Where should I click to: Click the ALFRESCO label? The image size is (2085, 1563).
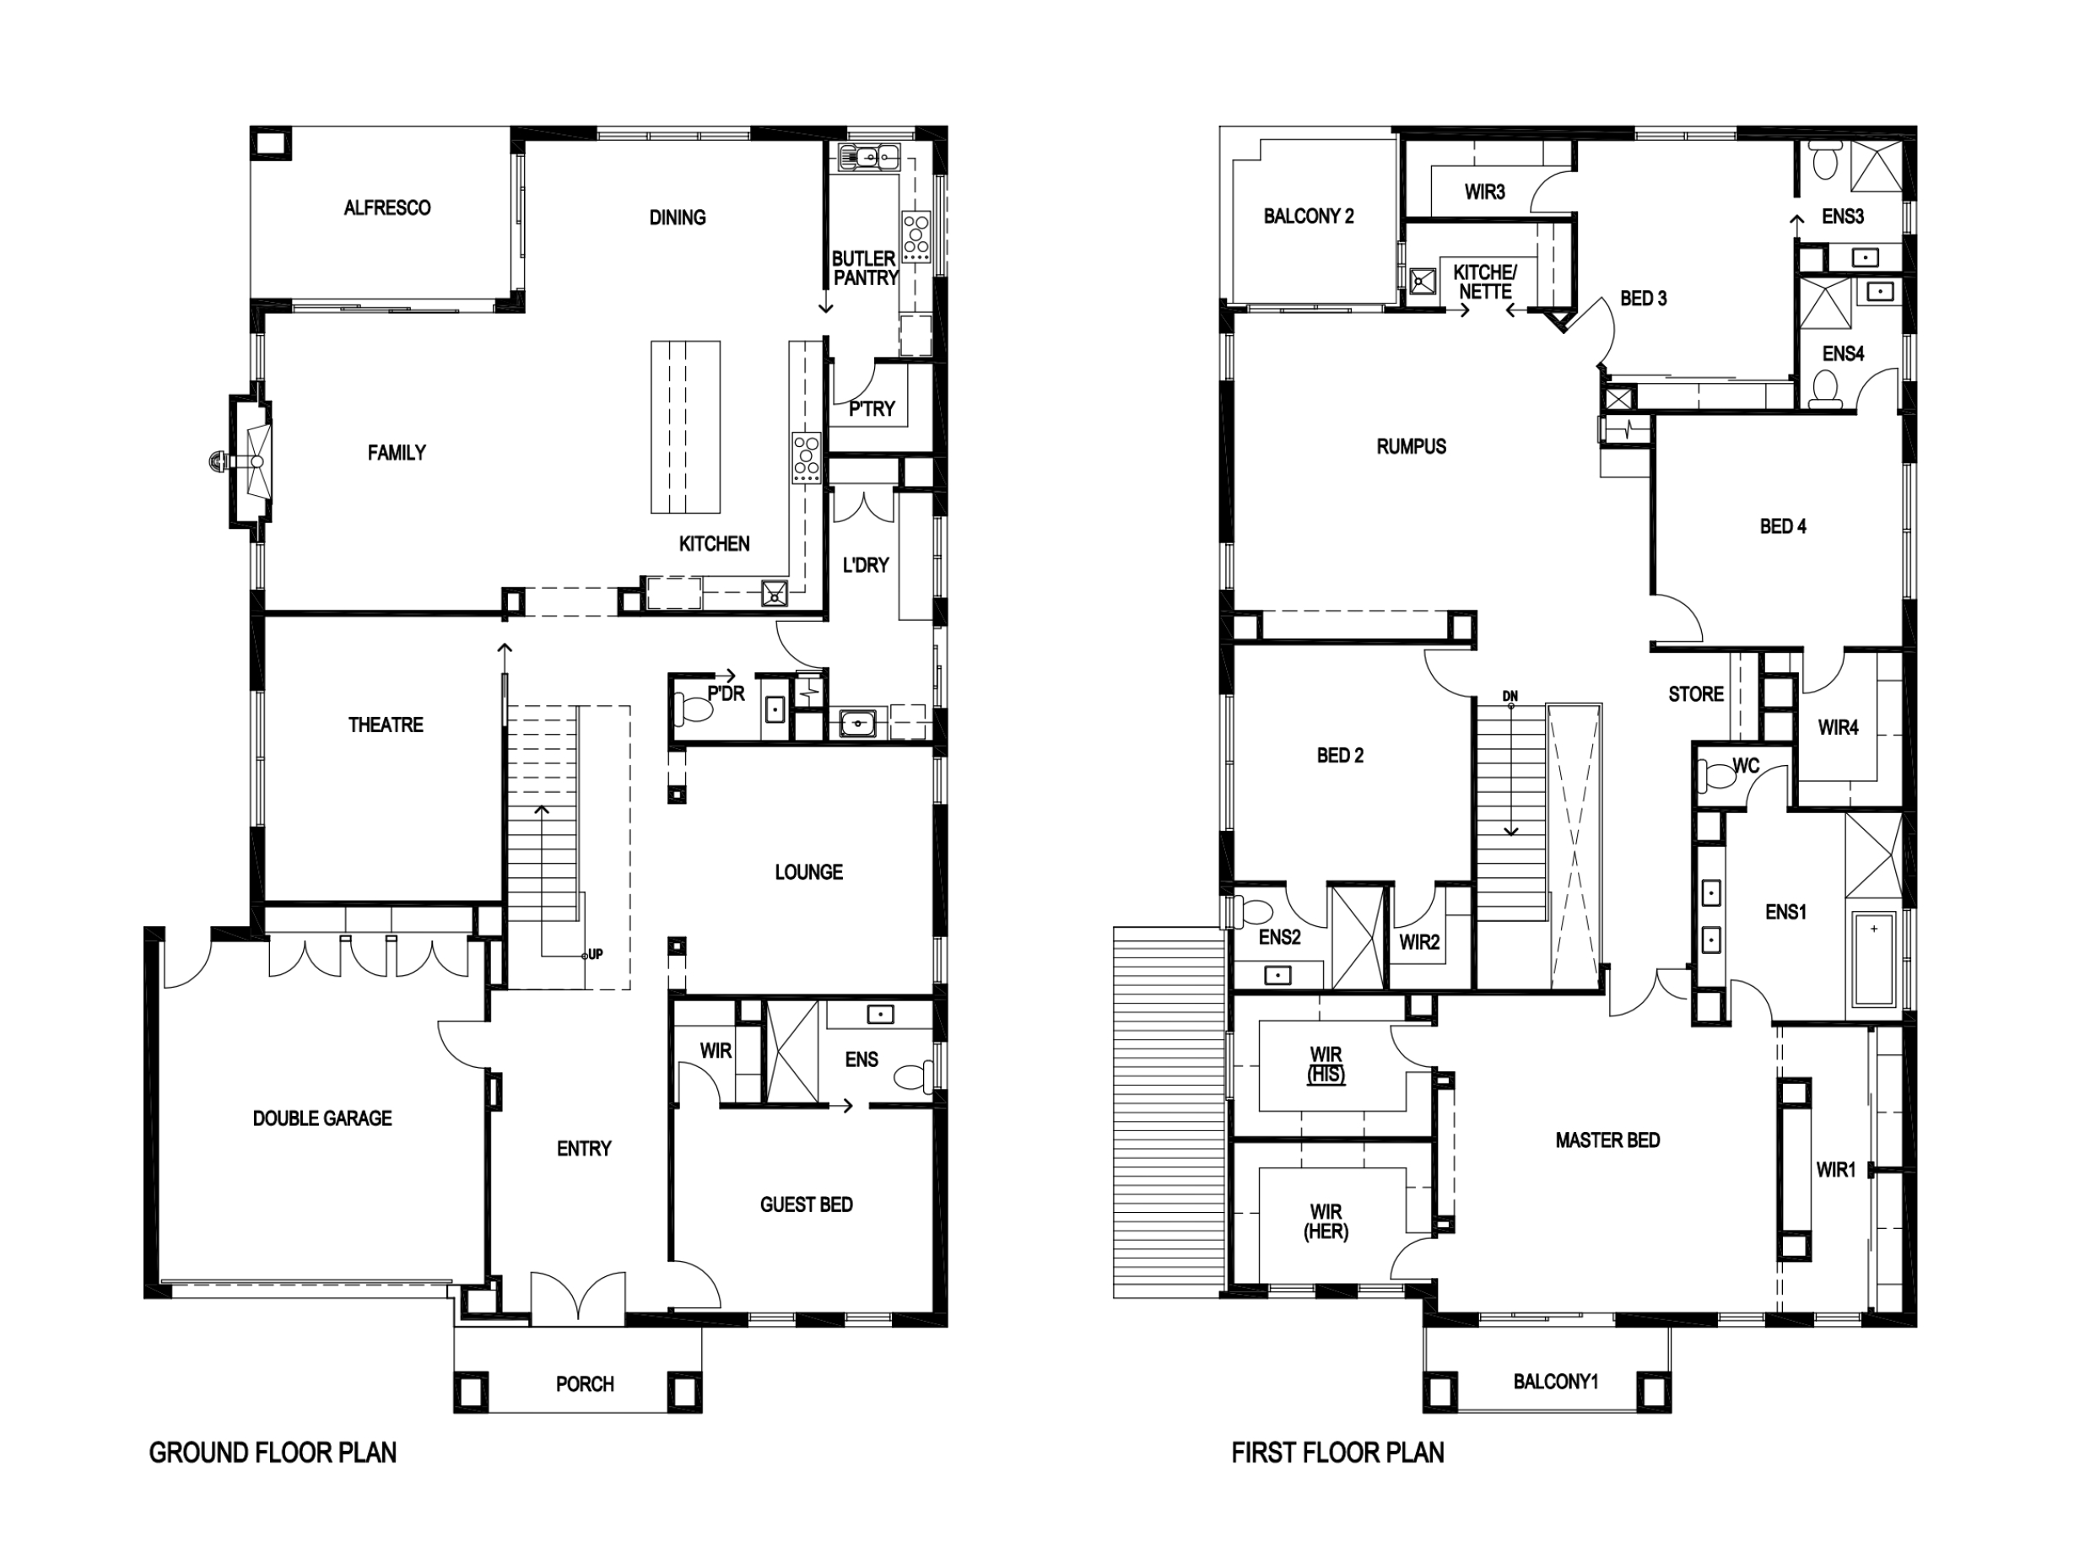pyautogui.click(x=386, y=208)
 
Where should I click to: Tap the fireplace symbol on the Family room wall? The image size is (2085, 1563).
pyautogui.click(x=251, y=461)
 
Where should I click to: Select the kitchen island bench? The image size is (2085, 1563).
pyautogui.click(x=685, y=427)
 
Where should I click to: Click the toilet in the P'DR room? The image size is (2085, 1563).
pyautogui.click(x=694, y=709)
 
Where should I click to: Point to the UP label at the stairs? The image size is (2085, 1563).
pyautogui.click(x=595, y=954)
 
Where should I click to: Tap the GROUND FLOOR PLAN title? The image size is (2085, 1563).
pyautogui.click(x=273, y=1453)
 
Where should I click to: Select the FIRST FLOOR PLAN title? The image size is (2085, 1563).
pyautogui.click(x=1337, y=1453)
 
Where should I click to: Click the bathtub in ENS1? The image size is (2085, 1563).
pyautogui.click(x=1873, y=958)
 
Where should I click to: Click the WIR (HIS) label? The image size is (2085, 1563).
pyautogui.click(x=1326, y=1064)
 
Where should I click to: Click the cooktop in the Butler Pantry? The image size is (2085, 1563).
pyautogui.click(x=916, y=236)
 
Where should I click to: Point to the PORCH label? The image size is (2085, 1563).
pyautogui.click(x=585, y=1384)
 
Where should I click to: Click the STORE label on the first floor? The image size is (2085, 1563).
pyautogui.click(x=1695, y=694)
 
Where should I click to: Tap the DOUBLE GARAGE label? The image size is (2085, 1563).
pyautogui.click(x=321, y=1118)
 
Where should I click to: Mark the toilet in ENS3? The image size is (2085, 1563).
pyautogui.click(x=1825, y=162)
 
